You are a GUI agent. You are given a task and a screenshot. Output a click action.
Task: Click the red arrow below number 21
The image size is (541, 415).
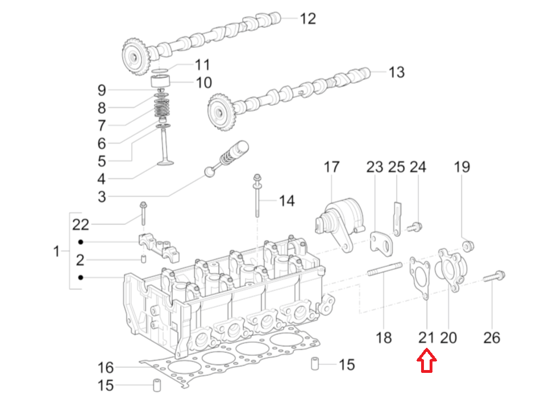click(x=427, y=363)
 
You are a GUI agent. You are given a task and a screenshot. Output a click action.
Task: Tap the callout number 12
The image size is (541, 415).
click(x=307, y=19)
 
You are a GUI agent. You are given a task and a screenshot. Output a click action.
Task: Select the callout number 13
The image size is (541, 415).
click(x=396, y=72)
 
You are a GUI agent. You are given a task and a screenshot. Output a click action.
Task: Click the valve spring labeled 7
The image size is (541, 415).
click(x=163, y=109)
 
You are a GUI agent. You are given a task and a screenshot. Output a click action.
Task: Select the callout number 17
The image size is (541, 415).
click(x=331, y=167)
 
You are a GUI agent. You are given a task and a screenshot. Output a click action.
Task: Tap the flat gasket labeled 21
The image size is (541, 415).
click(x=419, y=278)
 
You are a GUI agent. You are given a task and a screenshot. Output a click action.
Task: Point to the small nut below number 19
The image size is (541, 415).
click(x=468, y=246)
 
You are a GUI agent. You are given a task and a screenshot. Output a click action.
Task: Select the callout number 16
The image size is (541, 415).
click(x=106, y=367)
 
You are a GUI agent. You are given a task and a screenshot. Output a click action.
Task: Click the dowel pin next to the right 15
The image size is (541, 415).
click(x=314, y=364)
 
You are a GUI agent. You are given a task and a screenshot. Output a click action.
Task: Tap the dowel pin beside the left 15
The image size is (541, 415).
click(x=155, y=385)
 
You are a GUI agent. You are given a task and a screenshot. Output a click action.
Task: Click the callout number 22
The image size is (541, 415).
click(x=81, y=224)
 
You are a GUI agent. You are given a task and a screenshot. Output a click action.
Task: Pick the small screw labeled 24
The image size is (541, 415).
click(x=416, y=227)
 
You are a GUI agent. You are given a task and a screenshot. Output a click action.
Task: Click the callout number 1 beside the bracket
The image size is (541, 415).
click(x=56, y=251)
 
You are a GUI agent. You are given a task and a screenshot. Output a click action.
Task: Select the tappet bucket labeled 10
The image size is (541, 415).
click(x=163, y=81)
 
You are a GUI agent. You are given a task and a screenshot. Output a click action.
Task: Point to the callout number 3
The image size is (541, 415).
click(x=101, y=197)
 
